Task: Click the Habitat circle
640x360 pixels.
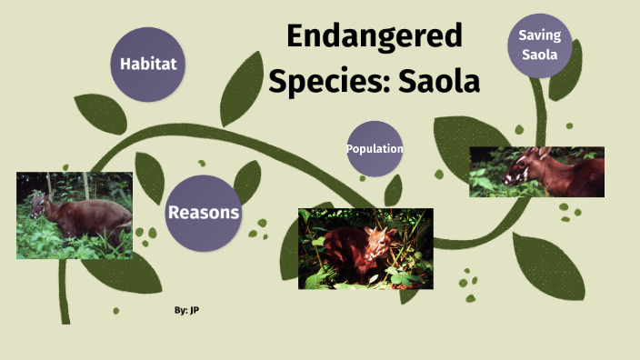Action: click(147, 64)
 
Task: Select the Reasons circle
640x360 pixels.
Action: click(204, 213)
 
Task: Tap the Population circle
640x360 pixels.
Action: click(375, 148)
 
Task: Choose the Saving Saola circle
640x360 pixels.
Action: click(540, 45)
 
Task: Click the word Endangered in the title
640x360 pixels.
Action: click(375, 36)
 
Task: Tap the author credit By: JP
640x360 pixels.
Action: click(186, 311)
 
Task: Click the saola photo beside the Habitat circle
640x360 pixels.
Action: click(75, 215)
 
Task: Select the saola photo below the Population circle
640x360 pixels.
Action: click(365, 248)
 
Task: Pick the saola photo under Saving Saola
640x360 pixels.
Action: click(536, 172)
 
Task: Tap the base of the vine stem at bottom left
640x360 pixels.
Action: click(65, 314)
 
